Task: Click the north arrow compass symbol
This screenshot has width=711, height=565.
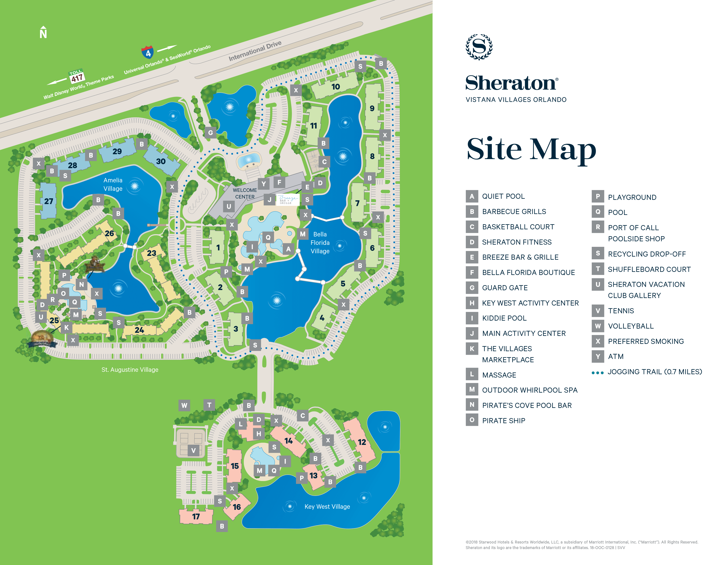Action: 43,32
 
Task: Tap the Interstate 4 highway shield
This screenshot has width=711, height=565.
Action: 148,52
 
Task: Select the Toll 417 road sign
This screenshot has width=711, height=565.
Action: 77,76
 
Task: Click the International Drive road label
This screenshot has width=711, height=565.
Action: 255,51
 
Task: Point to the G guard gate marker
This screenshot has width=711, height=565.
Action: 210,133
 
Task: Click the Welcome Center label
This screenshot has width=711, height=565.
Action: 245,193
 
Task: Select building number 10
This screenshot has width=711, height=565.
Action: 335,87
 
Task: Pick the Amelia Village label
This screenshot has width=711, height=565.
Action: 113,184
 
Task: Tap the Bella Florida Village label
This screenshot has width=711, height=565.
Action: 320,242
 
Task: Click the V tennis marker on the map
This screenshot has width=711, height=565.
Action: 194,450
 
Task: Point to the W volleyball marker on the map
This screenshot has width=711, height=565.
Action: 184,405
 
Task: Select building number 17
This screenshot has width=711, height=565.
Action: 196,516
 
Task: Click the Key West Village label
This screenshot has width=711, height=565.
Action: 327,506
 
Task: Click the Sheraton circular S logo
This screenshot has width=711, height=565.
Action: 479,47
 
